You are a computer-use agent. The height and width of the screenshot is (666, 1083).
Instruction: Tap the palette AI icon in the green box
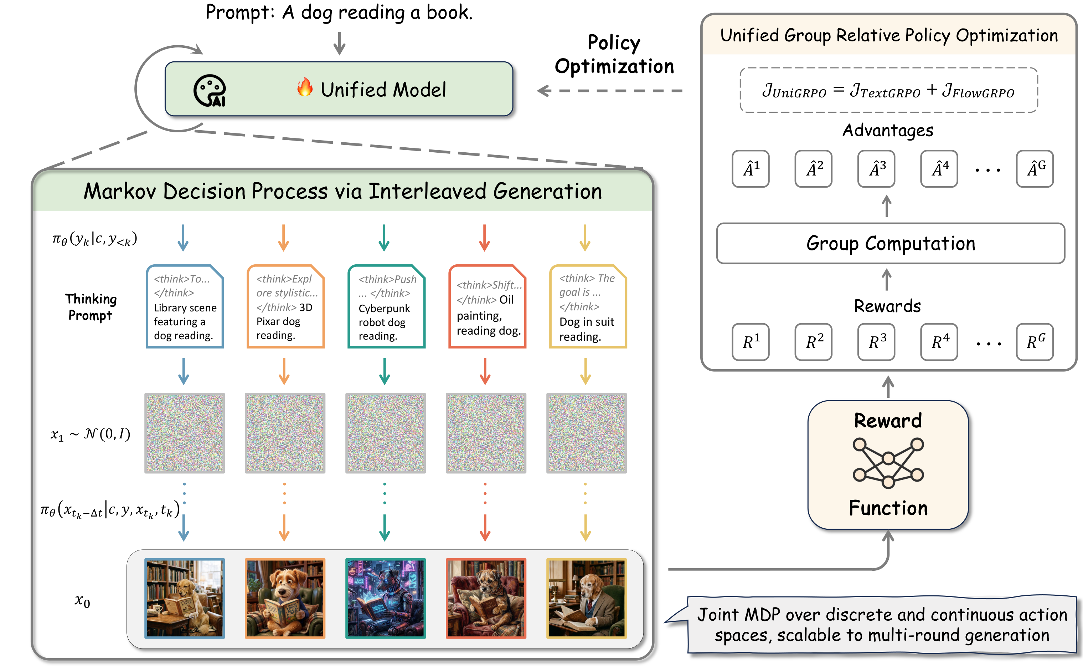click(210, 91)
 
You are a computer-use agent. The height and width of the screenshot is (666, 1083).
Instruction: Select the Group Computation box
click(890, 243)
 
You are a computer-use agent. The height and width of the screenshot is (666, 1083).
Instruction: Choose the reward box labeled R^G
click(1034, 342)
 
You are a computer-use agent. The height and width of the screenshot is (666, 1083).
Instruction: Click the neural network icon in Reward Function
click(888, 463)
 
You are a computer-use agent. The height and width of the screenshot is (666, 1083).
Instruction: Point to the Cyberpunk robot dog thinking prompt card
click(386, 306)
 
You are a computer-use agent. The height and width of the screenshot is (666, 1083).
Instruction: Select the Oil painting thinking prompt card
click(487, 306)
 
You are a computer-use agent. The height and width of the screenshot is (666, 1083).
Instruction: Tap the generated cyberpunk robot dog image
click(385, 598)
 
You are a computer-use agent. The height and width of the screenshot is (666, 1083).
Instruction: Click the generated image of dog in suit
click(586, 598)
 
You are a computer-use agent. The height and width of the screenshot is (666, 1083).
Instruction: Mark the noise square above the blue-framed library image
click(184, 433)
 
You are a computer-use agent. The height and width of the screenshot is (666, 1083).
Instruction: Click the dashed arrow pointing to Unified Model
click(609, 91)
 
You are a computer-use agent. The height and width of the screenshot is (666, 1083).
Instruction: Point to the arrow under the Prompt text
click(339, 43)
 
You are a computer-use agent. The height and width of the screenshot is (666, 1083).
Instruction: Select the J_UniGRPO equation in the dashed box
click(888, 91)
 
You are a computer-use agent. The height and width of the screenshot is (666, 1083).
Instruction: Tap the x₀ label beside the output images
click(82, 600)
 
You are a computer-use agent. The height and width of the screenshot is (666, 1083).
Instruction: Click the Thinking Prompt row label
click(91, 307)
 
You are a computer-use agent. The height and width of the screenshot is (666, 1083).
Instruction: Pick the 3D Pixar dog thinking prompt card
click(285, 306)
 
